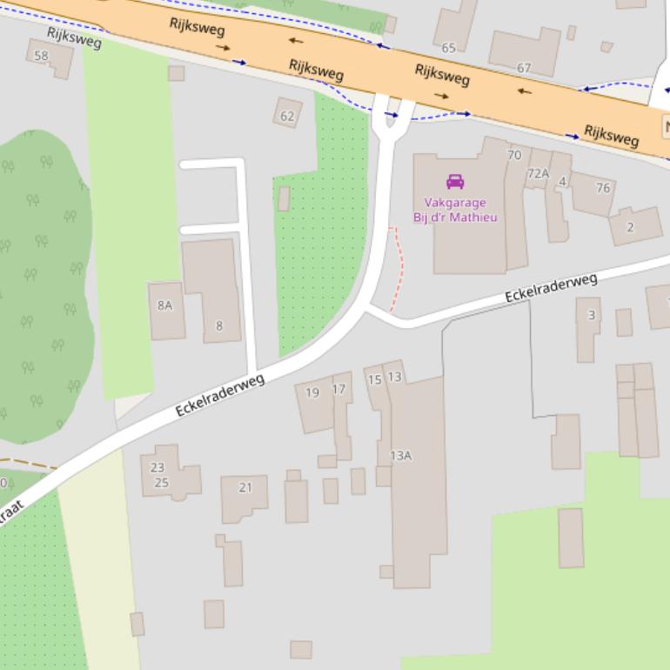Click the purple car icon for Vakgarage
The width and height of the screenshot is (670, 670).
pos(454,181)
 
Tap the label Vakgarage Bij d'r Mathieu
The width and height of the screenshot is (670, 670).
pos(455,210)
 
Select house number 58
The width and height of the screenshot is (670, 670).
pos(41,56)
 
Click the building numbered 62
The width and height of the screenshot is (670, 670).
pos(287,115)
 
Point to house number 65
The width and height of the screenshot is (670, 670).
pos(449,48)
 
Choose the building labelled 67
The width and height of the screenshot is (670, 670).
pos(524,67)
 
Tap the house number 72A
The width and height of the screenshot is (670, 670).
pos(538,173)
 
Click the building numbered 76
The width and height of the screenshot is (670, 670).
pos(603,188)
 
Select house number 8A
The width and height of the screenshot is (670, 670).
pos(164,305)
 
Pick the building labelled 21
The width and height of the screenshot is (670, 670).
pos(245,487)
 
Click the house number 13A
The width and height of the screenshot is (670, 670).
pos(400,455)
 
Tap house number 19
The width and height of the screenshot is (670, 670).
pos(312,392)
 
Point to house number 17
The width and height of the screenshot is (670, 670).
pos(339,389)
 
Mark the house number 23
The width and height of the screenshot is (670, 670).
pos(157,467)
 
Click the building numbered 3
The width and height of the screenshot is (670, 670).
pos(592,315)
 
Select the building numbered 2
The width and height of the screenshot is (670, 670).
pos(630,227)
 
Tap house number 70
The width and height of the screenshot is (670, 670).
pos(514,155)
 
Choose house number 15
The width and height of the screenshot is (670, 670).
pos(374,379)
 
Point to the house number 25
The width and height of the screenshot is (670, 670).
pos(161,482)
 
